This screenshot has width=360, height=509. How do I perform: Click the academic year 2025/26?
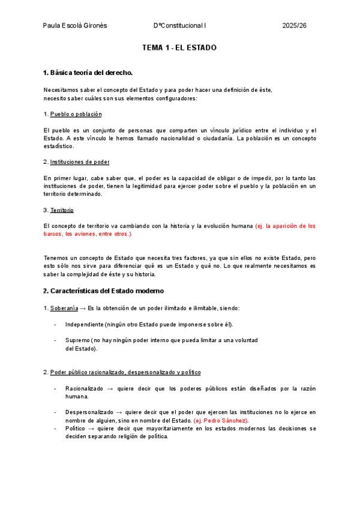294,26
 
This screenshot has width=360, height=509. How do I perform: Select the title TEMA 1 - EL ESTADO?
179,47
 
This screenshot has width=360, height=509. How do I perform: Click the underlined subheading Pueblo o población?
76,114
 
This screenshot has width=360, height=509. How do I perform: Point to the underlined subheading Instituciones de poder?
79,162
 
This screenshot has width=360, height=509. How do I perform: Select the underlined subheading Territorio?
62,210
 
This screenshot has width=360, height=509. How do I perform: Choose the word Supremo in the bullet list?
78,340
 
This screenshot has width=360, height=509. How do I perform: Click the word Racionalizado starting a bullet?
84,388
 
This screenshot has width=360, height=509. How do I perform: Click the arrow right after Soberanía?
83,308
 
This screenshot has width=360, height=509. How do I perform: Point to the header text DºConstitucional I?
179,26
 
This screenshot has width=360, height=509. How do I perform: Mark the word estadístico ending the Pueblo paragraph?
59,146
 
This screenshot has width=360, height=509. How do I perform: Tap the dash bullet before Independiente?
55,325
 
